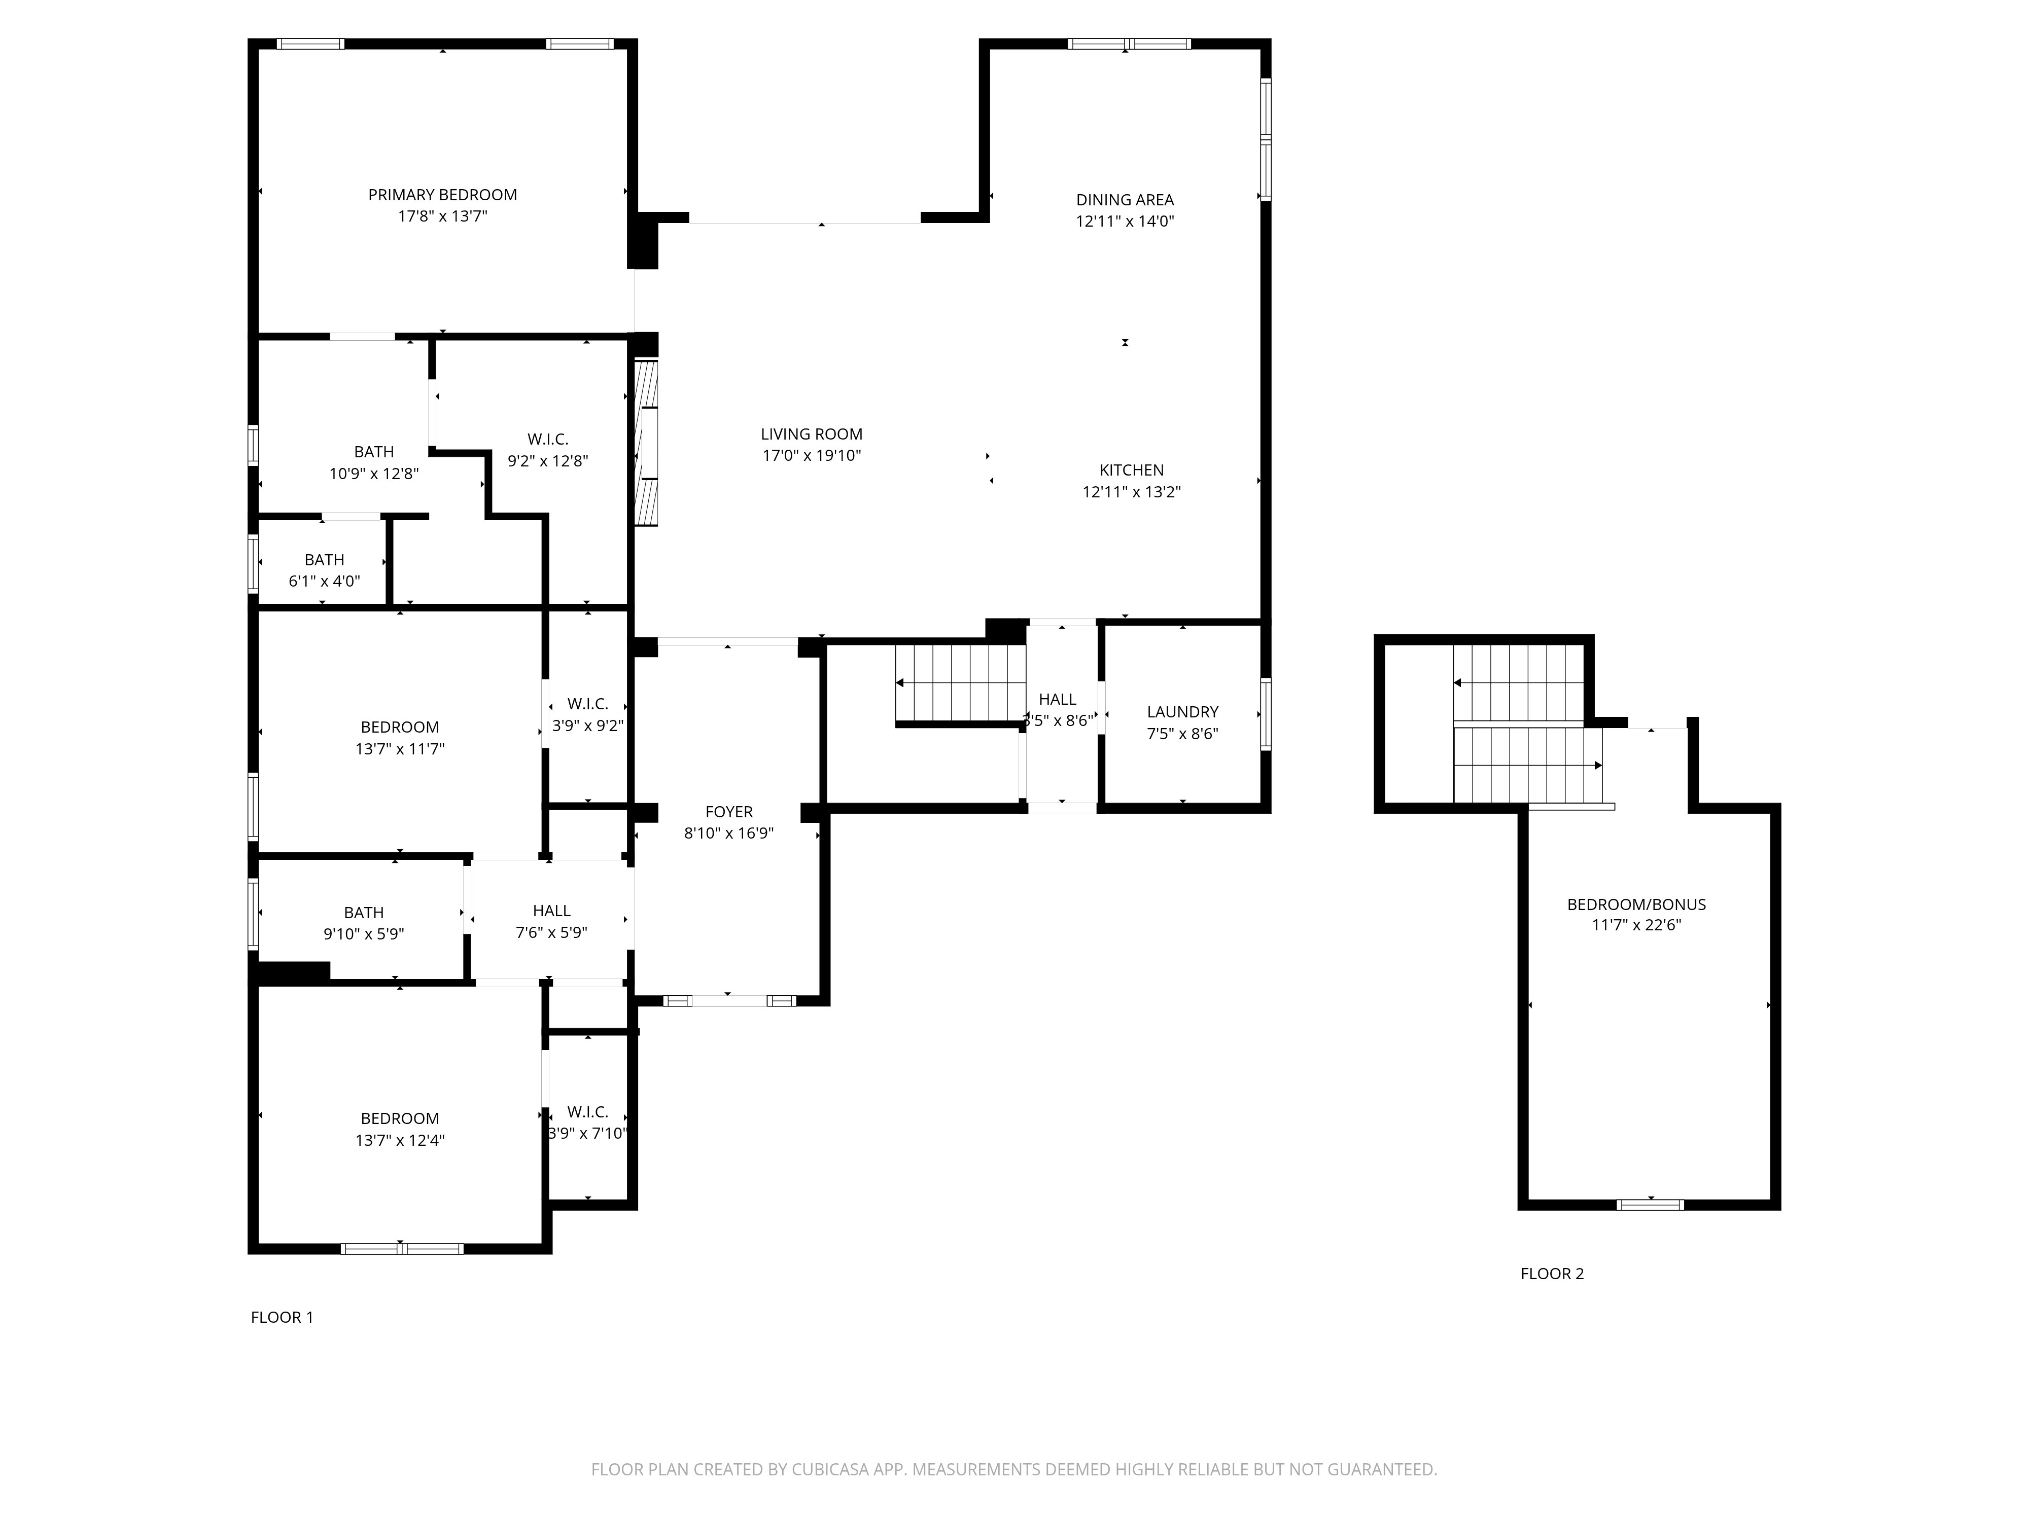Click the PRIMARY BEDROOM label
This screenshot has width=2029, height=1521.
point(442,194)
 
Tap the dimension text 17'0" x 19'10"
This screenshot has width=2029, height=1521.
point(811,456)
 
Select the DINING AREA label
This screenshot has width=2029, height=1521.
point(1125,200)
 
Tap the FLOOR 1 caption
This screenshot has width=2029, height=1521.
point(282,1318)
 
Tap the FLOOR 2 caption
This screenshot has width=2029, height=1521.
point(1552,1274)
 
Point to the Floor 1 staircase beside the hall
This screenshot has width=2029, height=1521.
point(960,683)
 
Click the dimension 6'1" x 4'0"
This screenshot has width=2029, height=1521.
point(324,581)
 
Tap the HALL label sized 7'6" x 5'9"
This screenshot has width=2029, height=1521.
point(551,911)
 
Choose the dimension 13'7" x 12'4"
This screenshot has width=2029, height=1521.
point(399,1141)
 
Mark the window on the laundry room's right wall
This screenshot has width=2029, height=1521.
point(1266,714)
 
